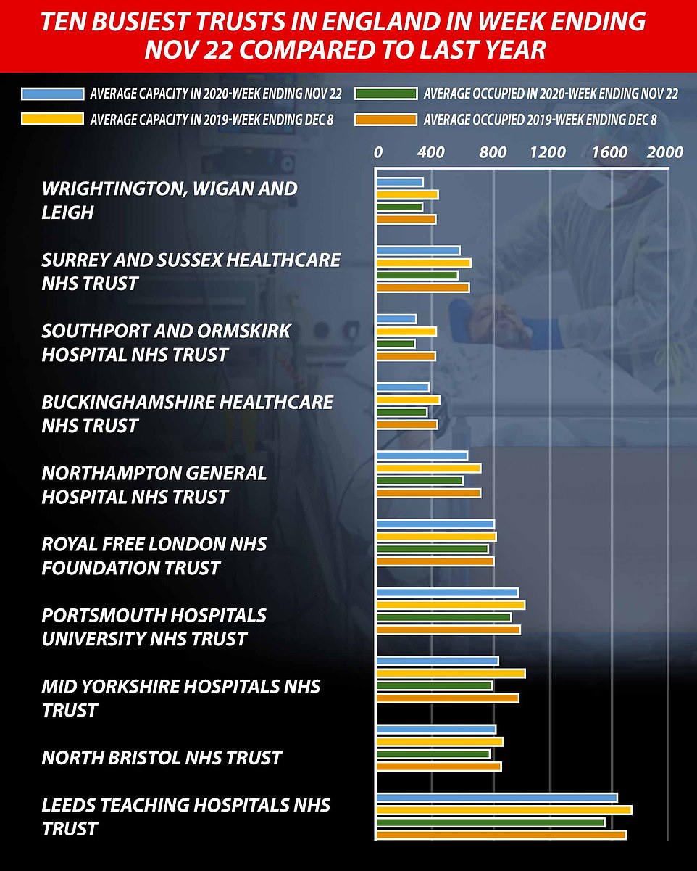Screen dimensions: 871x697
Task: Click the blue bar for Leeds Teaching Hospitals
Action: [x=496, y=798]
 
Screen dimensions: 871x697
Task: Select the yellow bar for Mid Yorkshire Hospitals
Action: [x=450, y=673]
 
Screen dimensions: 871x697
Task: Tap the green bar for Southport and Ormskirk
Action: [x=396, y=344]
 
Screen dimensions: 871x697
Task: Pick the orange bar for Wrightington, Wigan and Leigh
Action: [x=406, y=220]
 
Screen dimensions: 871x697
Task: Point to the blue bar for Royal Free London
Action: [x=435, y=524]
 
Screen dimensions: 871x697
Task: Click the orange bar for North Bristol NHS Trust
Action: [x=438, y=767]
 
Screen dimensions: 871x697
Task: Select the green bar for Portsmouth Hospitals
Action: [x=443, y=617]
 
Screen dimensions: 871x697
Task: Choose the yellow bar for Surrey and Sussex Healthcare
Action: [x=423, y=263]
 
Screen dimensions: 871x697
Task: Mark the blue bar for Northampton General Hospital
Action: [x=422, y=455]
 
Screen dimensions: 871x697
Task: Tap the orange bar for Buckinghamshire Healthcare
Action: [x=406, y=424]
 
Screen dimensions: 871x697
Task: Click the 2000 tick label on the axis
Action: [x=664, y=152]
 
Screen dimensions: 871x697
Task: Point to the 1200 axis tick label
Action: [x=548, y=152]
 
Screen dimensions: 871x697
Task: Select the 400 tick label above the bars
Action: [x=431, y=152]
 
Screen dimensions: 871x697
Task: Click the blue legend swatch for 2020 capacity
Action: [x=52, y=94]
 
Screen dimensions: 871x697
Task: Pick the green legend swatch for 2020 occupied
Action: [x=385, y=94]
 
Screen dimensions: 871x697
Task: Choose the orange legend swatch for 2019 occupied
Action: [x=385, y=120]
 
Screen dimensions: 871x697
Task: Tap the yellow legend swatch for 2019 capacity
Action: [x=52, y=120]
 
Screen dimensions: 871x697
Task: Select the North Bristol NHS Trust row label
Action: [x=162, y=758]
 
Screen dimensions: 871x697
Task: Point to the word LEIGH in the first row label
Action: [x=68, y=212]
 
